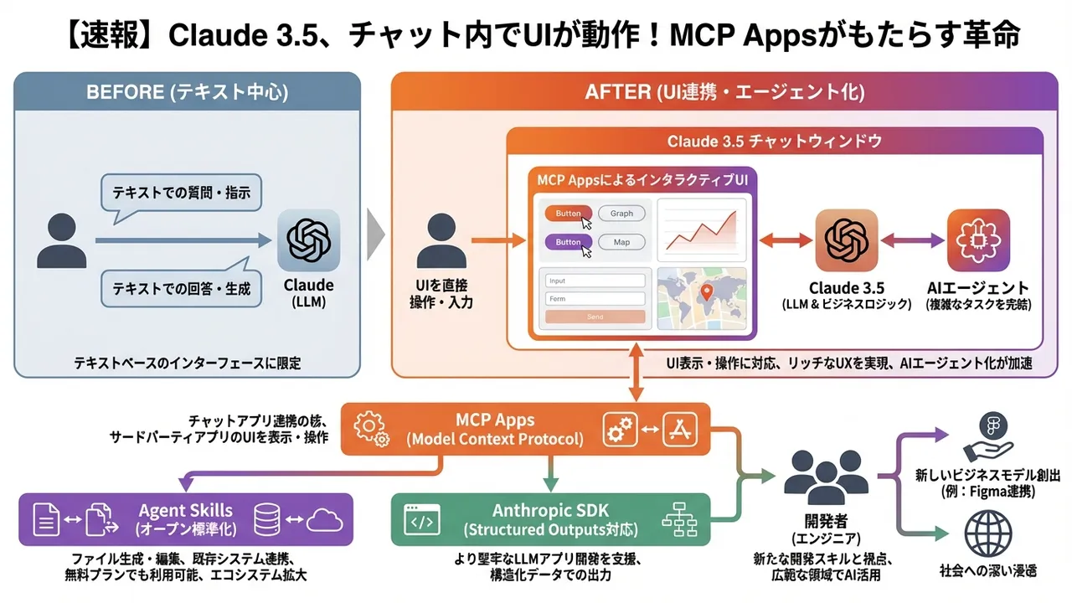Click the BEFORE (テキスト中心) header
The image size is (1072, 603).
[187, 91]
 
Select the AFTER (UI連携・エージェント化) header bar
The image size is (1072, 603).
[724, 91]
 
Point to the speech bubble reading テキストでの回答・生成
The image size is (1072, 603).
[181, 289]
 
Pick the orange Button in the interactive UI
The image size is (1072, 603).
[569, 214]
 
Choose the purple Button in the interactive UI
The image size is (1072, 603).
[569, 242]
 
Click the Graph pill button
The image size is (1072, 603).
[621, 214]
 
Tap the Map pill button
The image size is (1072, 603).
[621, 242]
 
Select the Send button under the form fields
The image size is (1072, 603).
[595, 317]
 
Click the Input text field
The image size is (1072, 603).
[595, 281]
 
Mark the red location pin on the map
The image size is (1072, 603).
[706, 292]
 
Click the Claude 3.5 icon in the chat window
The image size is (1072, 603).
[846, 240]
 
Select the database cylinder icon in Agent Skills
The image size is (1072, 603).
[266, 519]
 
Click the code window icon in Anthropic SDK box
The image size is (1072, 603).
[421, 520]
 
